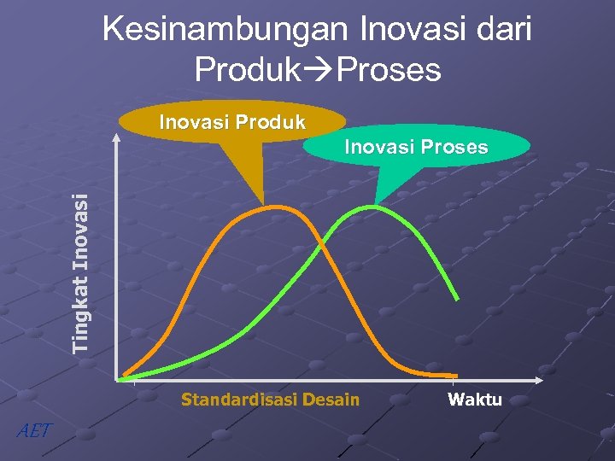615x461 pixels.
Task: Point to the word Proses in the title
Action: coord(389,69)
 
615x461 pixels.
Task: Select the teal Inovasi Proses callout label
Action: coord(416,147)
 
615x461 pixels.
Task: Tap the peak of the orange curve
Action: coord(272,207)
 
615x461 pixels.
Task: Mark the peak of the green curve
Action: coord(373,207)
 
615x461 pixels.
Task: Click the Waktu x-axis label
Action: coord(475,400)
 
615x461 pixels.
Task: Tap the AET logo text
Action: coord(34,430)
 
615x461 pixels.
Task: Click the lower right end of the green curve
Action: coord(458,299)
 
